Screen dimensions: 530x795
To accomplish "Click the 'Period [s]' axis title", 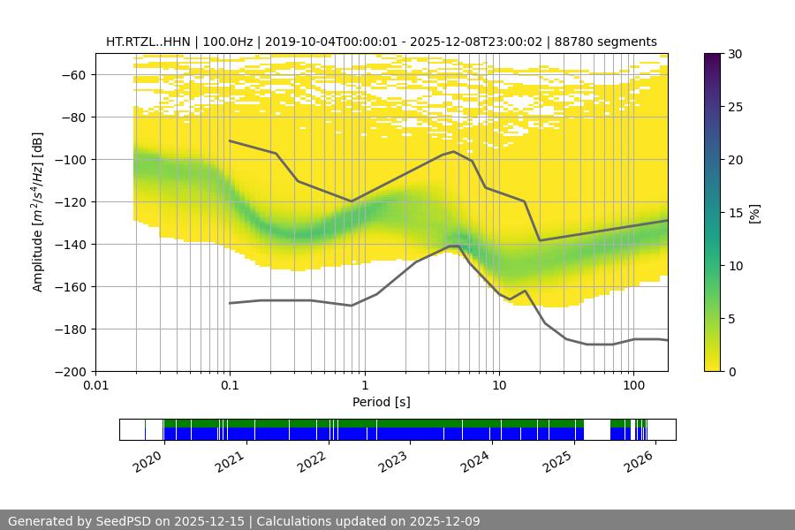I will click(x=381, y=402).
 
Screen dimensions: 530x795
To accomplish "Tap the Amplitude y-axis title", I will click(x=38, y=212).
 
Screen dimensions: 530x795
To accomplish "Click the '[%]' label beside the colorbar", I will click(x=755, y=212).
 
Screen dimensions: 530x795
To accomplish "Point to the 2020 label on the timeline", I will click(x=148, y=459).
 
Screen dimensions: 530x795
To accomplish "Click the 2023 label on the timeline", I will click(x=393, y=459).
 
